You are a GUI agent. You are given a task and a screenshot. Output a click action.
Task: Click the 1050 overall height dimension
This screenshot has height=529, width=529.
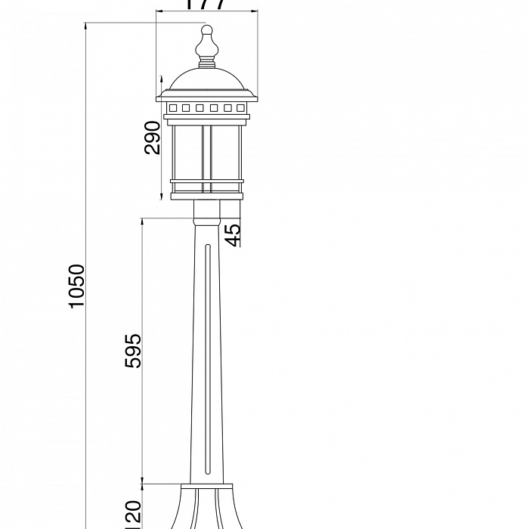pyautogui.click(x=77, y=286)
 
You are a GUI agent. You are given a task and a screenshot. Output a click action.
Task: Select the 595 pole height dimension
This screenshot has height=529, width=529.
pyautogui.click(x=133, y=350)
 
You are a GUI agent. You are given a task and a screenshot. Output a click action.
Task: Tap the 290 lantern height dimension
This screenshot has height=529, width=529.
pyautogui.click(x=152, y=138)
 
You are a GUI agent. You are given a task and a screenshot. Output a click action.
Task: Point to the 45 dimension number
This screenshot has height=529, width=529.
pyautogui.click(x=234, y=234)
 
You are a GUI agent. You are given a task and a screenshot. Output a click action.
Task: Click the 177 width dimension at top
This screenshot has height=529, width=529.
pyautogui.click(x=206, y=5)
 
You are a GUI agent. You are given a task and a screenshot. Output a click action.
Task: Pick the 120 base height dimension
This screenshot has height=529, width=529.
pyautogui.click(x=133, y=514)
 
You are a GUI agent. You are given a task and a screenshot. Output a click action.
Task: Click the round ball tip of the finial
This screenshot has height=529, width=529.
pyautogui.click(x=206, y=32)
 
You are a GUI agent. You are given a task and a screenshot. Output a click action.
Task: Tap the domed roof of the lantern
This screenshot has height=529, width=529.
pyautogui.click(x=206, y=79)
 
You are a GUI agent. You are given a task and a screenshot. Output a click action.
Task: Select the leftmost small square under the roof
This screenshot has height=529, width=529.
pyautogui.click(x=172, y=108)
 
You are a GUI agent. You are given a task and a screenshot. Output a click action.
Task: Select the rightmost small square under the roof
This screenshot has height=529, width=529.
pyautogui.click(x=240, y=108)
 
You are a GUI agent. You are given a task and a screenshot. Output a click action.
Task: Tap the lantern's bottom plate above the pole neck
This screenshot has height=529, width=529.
pyautogui.click(x=206, y=196)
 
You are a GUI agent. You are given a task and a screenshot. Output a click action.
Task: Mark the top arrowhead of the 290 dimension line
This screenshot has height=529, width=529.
pyautogui.click(x=161, y=79)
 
